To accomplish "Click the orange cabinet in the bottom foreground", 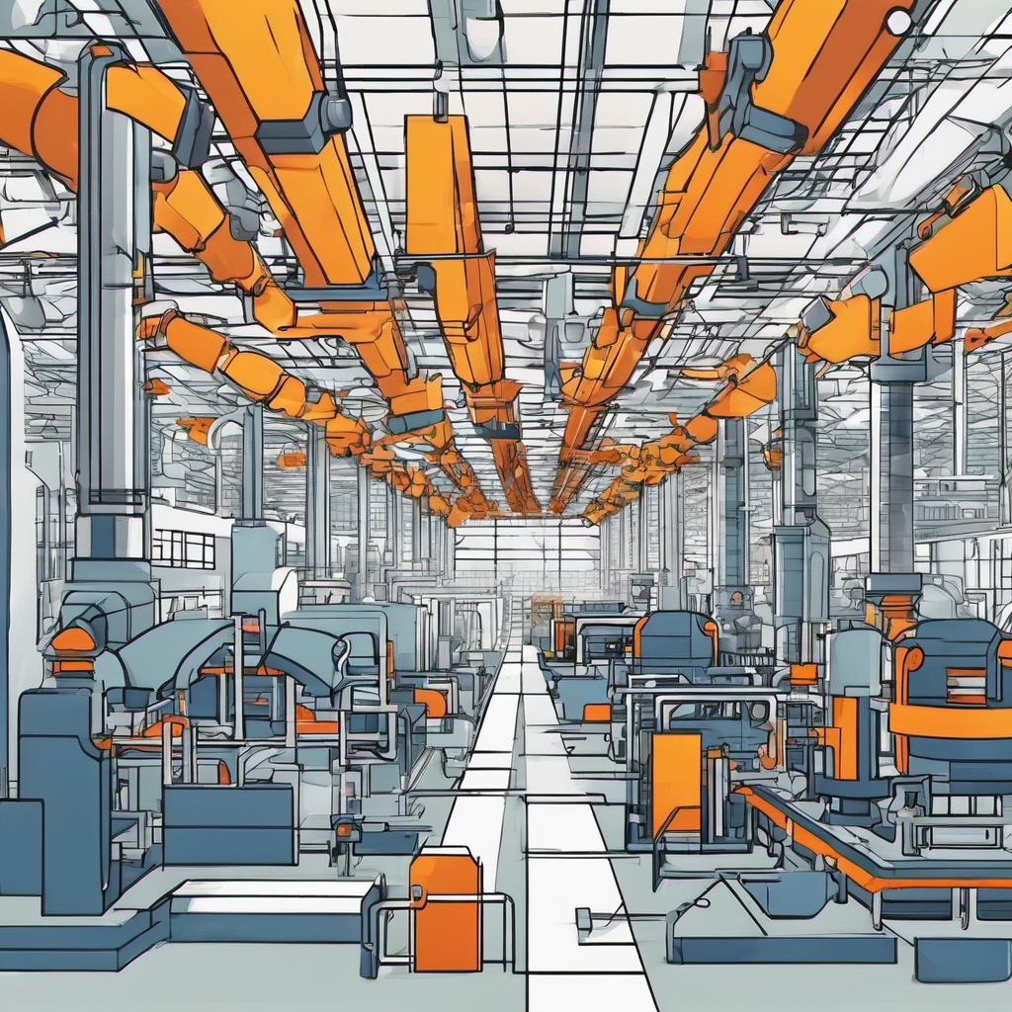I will pyautogui.click(x=445, y=910).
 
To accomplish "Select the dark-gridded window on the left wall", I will pyautogui.click(x=183, y=548).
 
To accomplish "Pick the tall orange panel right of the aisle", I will pyautogui.click(x=676, y=781).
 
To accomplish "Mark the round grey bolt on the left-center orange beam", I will pyautogui.click(x=336, y=115).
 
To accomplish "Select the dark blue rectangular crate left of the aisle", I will pyautogui.click(x=229, y=823).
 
